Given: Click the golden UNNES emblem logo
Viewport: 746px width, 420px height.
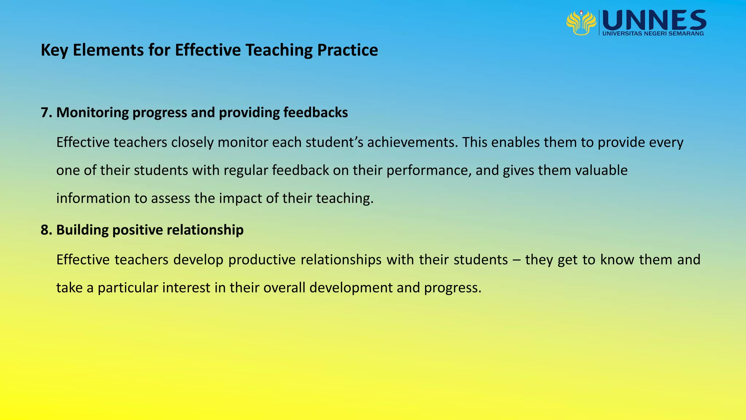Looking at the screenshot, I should [581, 23].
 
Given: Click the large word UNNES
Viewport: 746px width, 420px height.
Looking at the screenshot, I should [654, 20].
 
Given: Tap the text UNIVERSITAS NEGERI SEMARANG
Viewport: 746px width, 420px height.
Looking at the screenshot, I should [653, 34].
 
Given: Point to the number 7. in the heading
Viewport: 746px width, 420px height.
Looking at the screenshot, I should [47, 113].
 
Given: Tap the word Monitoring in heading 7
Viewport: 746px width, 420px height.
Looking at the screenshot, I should [92, 113].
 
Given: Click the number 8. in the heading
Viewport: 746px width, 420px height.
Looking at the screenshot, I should [47, 230].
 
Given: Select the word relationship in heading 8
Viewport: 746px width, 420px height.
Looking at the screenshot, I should [205, 230].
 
